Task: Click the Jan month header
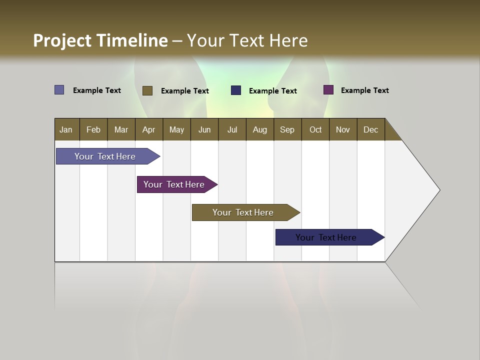pos(66,129)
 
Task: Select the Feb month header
pos(93,129)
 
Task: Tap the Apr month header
pos(148,129)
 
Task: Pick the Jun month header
pos(204,129)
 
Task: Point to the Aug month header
pos(259,129)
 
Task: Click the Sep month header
pos(287,129)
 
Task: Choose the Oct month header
pos(315,129)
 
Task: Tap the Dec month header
pos(370,129)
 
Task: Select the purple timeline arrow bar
pos(174,184)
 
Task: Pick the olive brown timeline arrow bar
pos(243,212)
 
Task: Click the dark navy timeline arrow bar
pos(326,237)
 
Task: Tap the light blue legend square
pos(59,90)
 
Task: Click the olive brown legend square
pos(147,90)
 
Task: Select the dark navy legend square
pos(236,90)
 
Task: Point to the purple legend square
pos(328,90)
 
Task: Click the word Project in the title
pos(61,40)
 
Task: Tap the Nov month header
pos(342,129)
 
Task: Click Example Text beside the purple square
pos(364,90)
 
